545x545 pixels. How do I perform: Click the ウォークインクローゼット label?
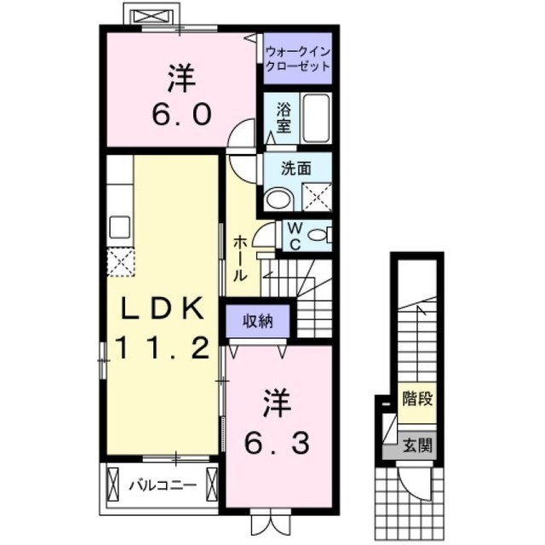297,59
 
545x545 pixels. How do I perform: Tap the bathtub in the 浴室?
316,118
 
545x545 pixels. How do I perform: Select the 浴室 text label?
284,118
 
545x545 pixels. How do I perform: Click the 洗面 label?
295,169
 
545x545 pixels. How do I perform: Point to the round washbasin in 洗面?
280,199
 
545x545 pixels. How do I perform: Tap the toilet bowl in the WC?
318,235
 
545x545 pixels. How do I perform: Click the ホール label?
240,258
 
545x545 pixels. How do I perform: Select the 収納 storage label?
258,322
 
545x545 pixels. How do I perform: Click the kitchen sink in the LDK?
120,227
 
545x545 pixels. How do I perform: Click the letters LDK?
163,309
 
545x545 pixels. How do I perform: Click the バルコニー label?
163,485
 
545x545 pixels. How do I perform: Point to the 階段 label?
417,399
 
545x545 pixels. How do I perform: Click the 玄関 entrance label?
417,445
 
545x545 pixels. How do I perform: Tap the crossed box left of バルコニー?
113,485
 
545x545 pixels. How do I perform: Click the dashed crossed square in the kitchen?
120,262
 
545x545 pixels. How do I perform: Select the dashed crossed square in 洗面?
316,197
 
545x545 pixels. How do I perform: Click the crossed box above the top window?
152,16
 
